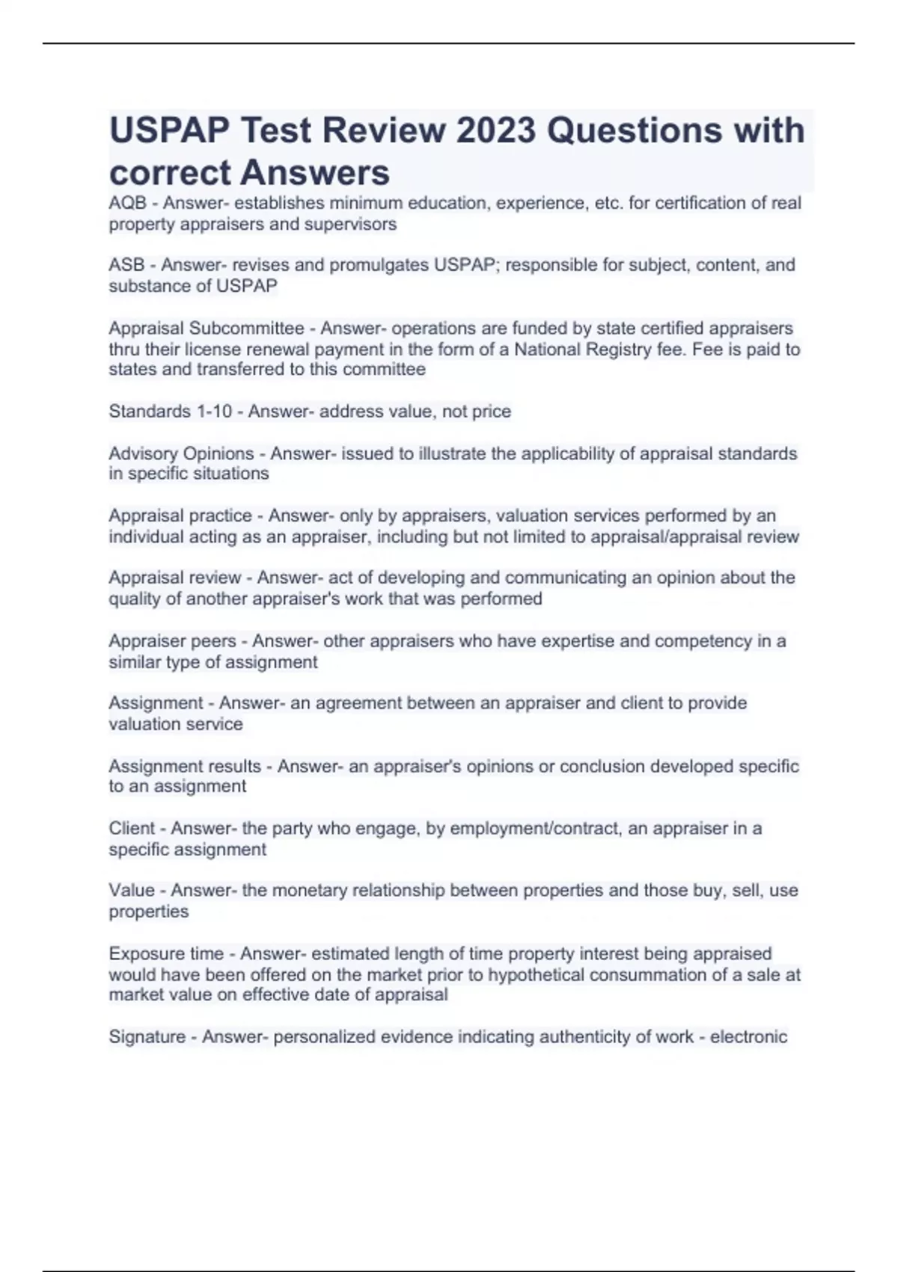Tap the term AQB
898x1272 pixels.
(127, 204)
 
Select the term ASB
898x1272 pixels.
(126, 265)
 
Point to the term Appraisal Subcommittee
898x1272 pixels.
(207, 328)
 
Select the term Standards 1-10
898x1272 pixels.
(170, 412)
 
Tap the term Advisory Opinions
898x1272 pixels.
(181, 453)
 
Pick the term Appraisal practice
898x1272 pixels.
(180, 516)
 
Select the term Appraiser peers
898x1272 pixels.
(172, 641)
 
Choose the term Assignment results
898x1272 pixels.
(185, 766)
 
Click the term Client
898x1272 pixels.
(132, 828)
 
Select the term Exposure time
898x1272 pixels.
(166, 954)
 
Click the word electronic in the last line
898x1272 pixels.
(748, 1037)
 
